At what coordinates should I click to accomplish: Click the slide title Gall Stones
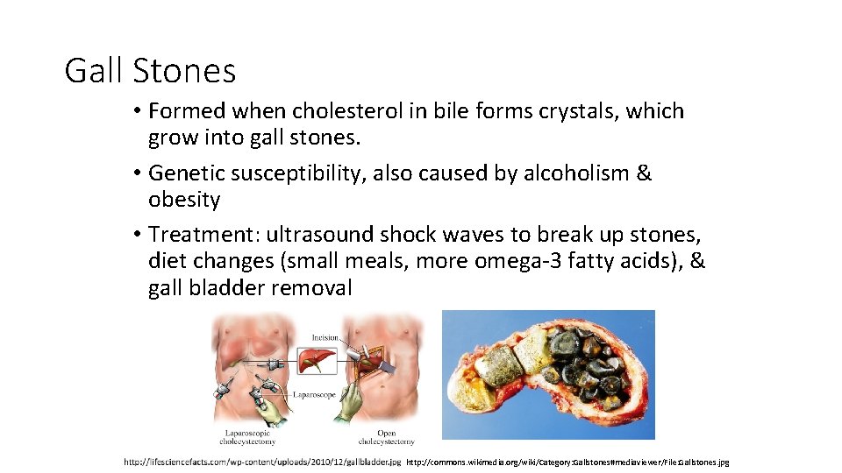(x=150, y=70)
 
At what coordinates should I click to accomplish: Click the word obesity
(x=184, y=200)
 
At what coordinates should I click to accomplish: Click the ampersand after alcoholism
(x=645, y=173)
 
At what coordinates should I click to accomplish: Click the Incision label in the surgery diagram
(x=325, y=337)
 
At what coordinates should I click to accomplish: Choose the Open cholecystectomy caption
(x=386, y=437)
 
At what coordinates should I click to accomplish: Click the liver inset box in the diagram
(x=315, y=360)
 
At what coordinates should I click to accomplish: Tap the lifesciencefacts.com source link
(x=261, y=461)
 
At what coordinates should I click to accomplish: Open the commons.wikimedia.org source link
(x=567, y=462)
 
